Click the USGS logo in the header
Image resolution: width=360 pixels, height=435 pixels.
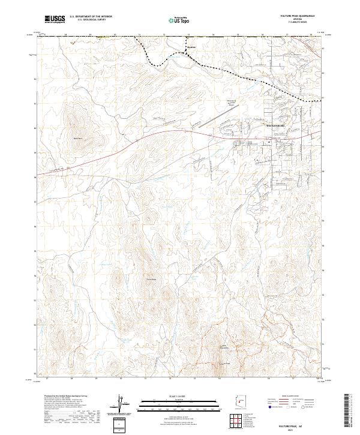[55, 20]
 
